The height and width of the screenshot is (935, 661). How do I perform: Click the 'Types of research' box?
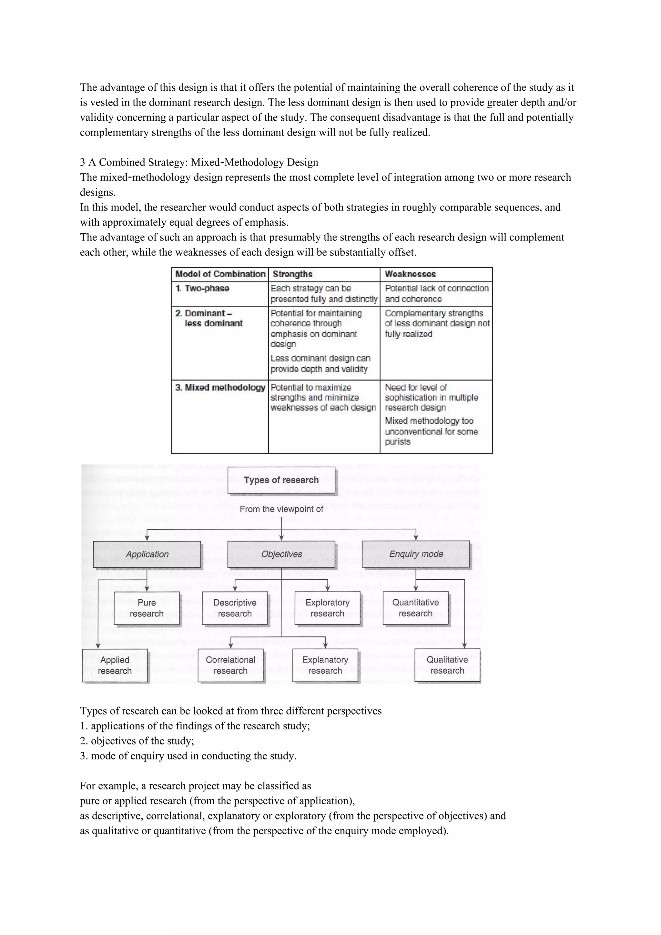pyautogui.click(x=281, y=480)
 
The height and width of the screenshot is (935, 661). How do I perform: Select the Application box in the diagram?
pyautogui.click(x=147, y=554)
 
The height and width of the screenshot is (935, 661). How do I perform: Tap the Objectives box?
pyautogui.click(x=281, y=554)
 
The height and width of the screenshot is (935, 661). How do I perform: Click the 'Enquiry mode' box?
pyautogui.click(x=416, y=554)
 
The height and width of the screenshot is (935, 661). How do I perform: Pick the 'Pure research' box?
pyautogui.click(x=147, y=608)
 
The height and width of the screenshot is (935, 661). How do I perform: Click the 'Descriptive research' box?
pyautogui.click(x=235, y=608)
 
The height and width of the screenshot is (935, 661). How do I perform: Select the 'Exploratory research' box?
pyautogui.click(x=328, y=608)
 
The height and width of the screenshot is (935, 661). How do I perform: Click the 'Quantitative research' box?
pyautogui.click(x=415, y=608)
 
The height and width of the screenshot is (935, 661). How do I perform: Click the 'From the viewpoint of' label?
pyautogui.click(x=281, y=509)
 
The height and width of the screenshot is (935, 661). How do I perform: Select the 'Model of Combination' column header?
pyautogui.click(x=220, y=274)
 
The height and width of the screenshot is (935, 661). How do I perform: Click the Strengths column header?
pyautogui.click(x=292, y=274)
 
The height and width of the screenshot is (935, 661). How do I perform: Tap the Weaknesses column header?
pyautogui.click(x=410, y=274)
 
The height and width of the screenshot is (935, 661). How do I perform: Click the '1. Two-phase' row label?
pyautogui.click(x=202, y=288)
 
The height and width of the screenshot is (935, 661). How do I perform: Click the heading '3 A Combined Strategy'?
pyautogui.click(x=199, y=162)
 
